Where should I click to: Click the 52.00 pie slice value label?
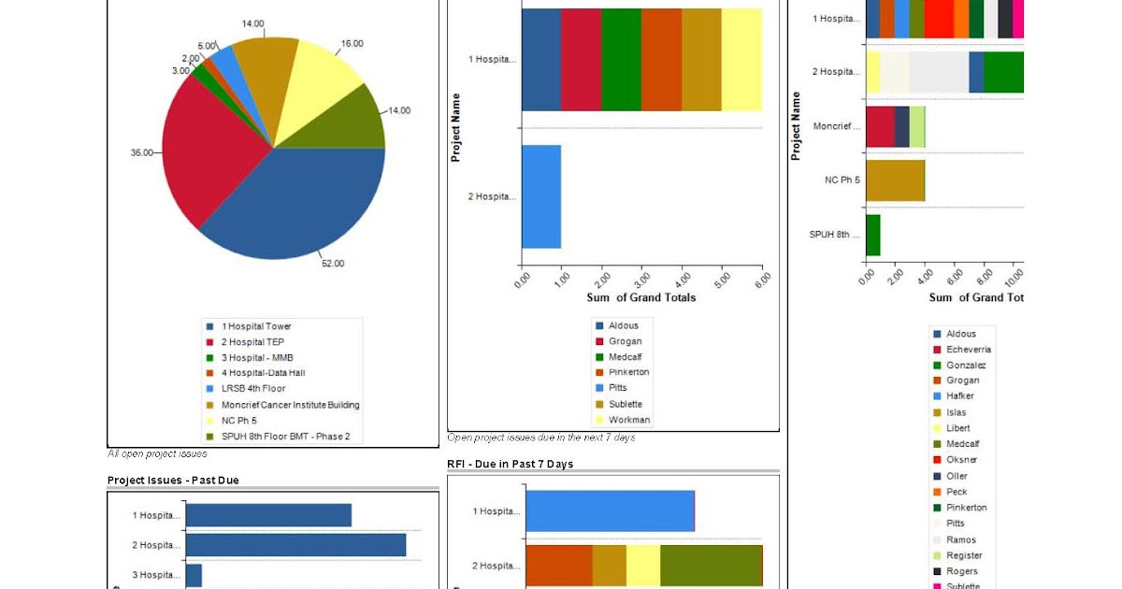pos(332,264)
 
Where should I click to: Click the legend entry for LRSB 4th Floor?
pos(252,389)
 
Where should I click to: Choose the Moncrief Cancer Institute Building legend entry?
pos(290,405)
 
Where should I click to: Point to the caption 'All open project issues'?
pos(157,454)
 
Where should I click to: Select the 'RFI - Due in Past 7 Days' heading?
pos(510,465)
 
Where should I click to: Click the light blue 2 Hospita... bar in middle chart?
pos(541,196)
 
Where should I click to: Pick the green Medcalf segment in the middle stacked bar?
pos(621,60)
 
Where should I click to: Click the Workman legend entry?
pos(628,420)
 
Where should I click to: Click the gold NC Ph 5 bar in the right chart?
pos(895,180)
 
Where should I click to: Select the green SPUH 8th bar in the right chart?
pos(872,235)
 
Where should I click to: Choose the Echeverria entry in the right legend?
pos(968,350)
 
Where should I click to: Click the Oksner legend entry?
pos(962,460)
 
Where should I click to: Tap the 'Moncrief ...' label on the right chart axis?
pos(836,126)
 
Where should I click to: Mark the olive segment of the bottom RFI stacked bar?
pos(711,566)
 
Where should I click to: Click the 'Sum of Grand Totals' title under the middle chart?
pos(640,298)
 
